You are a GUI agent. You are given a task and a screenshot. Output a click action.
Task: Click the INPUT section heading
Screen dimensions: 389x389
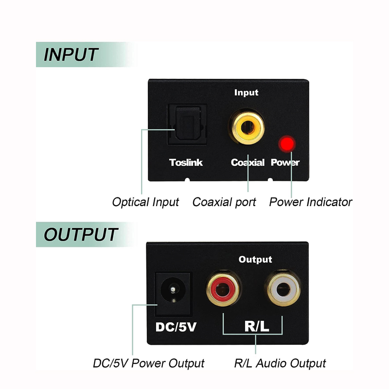pyautogui.click(x=71, y=54)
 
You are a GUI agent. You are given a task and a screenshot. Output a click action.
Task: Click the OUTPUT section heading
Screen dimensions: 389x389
pyautogui.click(x=81, y=234)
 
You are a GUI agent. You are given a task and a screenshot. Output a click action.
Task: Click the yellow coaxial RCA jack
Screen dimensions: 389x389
pyautogui.click(x=247, y=128)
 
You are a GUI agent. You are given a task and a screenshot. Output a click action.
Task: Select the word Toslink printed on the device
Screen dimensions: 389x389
pyautogui.click(x=186, y=162)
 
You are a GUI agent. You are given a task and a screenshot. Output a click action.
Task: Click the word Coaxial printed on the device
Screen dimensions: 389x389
pyautogui.click(x=248, y=162)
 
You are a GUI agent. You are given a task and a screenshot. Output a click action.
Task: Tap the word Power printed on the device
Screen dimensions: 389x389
pyautogui.click(x=285, y=162)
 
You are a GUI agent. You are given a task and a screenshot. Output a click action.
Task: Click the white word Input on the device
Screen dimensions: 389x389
pyautogui.click(x=247, y=92)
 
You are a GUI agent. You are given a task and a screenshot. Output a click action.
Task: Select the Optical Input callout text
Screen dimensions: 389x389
pyautogui.click(x=145, y=202)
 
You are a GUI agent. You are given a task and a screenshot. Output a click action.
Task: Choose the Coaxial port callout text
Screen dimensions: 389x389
pyautogui.click(x=224, y=202)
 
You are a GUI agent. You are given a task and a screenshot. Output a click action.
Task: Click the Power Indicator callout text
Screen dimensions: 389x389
pyautogui.click(x=311, y=202)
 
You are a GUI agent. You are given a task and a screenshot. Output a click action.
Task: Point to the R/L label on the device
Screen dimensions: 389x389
pyautogui.click(x=256, y=326)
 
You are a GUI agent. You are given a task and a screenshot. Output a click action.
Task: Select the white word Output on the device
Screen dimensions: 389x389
pyautogui.click(x=255, y=260)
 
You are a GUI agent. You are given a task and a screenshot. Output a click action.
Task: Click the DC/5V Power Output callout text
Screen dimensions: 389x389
pyautogui.click(x=149, y=363)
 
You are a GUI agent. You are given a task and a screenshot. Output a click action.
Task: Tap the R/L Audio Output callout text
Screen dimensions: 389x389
pyautogui.click(x=280, y=363)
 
